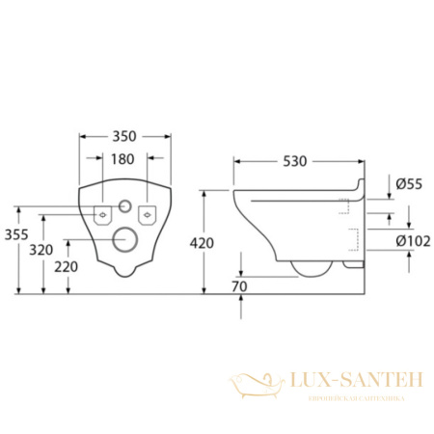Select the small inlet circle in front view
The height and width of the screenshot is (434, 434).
click(x=123, y=205)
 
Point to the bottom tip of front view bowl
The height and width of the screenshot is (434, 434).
click(x=123, y=275)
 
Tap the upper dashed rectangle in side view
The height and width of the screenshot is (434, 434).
click(x=343, y=203)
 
